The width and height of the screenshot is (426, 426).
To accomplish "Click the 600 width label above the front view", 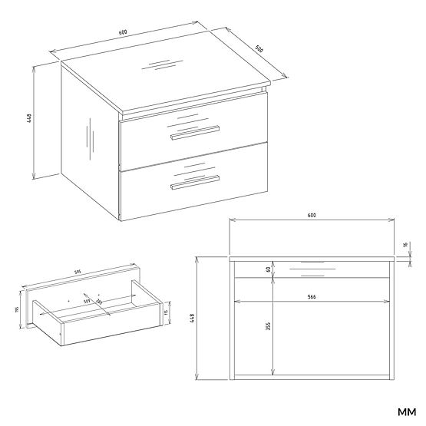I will point(312,216).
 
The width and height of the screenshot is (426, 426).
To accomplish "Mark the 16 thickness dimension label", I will point(405,246).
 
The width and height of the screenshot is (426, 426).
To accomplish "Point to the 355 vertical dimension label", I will point(268,326).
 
